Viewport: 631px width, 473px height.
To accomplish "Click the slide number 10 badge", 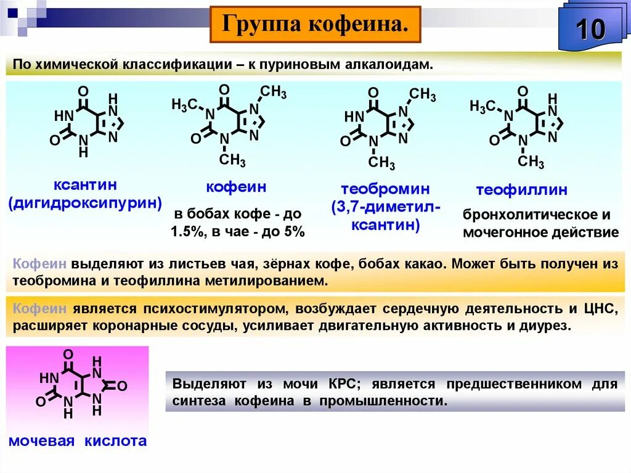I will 590,29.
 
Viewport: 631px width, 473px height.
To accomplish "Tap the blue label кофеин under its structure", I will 236,187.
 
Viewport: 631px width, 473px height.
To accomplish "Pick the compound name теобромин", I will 386,189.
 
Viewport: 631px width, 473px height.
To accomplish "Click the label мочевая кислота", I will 78,440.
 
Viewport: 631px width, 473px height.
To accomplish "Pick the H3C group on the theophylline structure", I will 482,106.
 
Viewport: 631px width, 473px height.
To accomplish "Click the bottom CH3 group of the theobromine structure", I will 382,163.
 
